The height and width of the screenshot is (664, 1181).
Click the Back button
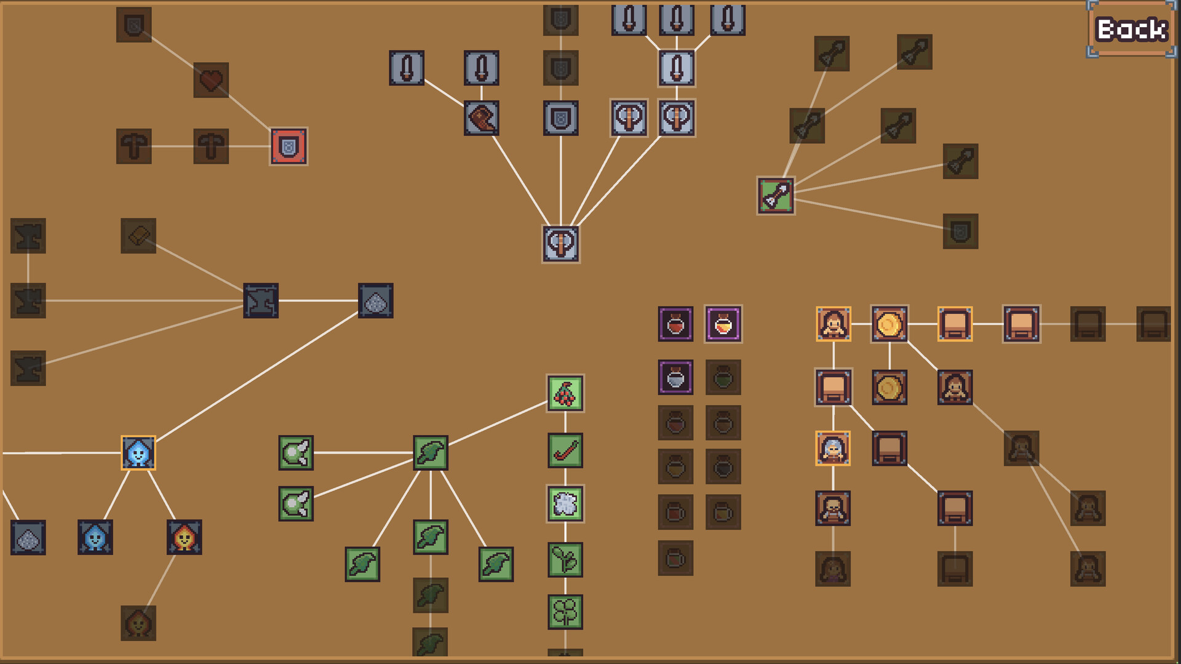[1132, 30]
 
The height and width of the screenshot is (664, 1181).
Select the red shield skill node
[288, 146]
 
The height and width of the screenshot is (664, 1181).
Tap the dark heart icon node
[211, 80]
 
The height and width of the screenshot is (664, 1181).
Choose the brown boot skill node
[482, 118]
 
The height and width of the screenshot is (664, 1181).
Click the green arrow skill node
[776, 196]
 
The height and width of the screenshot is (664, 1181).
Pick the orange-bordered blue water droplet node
[138, 453]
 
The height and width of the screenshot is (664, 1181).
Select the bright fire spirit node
[184, 537]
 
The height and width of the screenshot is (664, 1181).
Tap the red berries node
[565, 393]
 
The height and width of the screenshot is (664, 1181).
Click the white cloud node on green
[565, 504]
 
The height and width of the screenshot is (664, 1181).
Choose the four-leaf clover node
[565, 612]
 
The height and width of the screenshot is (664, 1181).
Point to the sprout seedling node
[565, 559]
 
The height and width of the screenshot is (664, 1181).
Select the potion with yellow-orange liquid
[723, 324]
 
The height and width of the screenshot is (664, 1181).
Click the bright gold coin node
[889, 324]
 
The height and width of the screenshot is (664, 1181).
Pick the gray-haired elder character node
[833, 448]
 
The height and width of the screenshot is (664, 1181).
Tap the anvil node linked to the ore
[261, 300]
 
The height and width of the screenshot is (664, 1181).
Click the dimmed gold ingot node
[138, 236]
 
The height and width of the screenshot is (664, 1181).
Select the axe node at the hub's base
[561, 244]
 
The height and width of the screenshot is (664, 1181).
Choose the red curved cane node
[565, 450]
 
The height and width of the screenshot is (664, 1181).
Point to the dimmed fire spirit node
[138, 623]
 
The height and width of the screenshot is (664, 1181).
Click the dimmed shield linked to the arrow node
[960, 231]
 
